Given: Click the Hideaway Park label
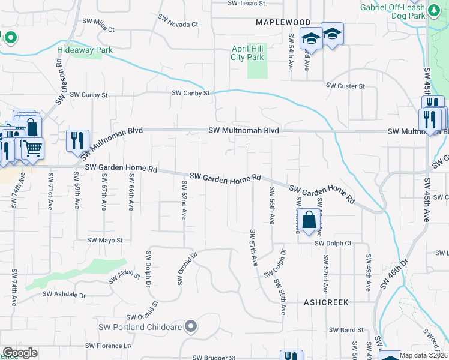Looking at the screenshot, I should tap(85, 50).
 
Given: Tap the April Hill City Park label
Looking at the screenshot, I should tap(247, 53).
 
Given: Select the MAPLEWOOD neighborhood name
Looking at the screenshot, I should tap(283, 22).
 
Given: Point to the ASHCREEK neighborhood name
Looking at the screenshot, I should tap(326, 303).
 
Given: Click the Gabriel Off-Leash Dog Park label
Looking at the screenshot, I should tap(401, 11).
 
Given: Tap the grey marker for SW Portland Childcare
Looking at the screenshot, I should tap(191, 326).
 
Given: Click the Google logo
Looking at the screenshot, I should tap(20, 353).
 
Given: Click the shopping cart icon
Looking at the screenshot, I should tap(33, 148).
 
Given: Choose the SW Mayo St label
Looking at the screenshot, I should tap(105, 240).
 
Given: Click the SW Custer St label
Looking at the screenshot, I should tap(345, 86).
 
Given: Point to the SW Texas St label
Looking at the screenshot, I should tap(247, 3).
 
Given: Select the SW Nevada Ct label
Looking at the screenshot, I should tap(179, 25).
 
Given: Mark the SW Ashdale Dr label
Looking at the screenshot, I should tap(64, 295).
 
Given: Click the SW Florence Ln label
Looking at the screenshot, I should tap(108, 346).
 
